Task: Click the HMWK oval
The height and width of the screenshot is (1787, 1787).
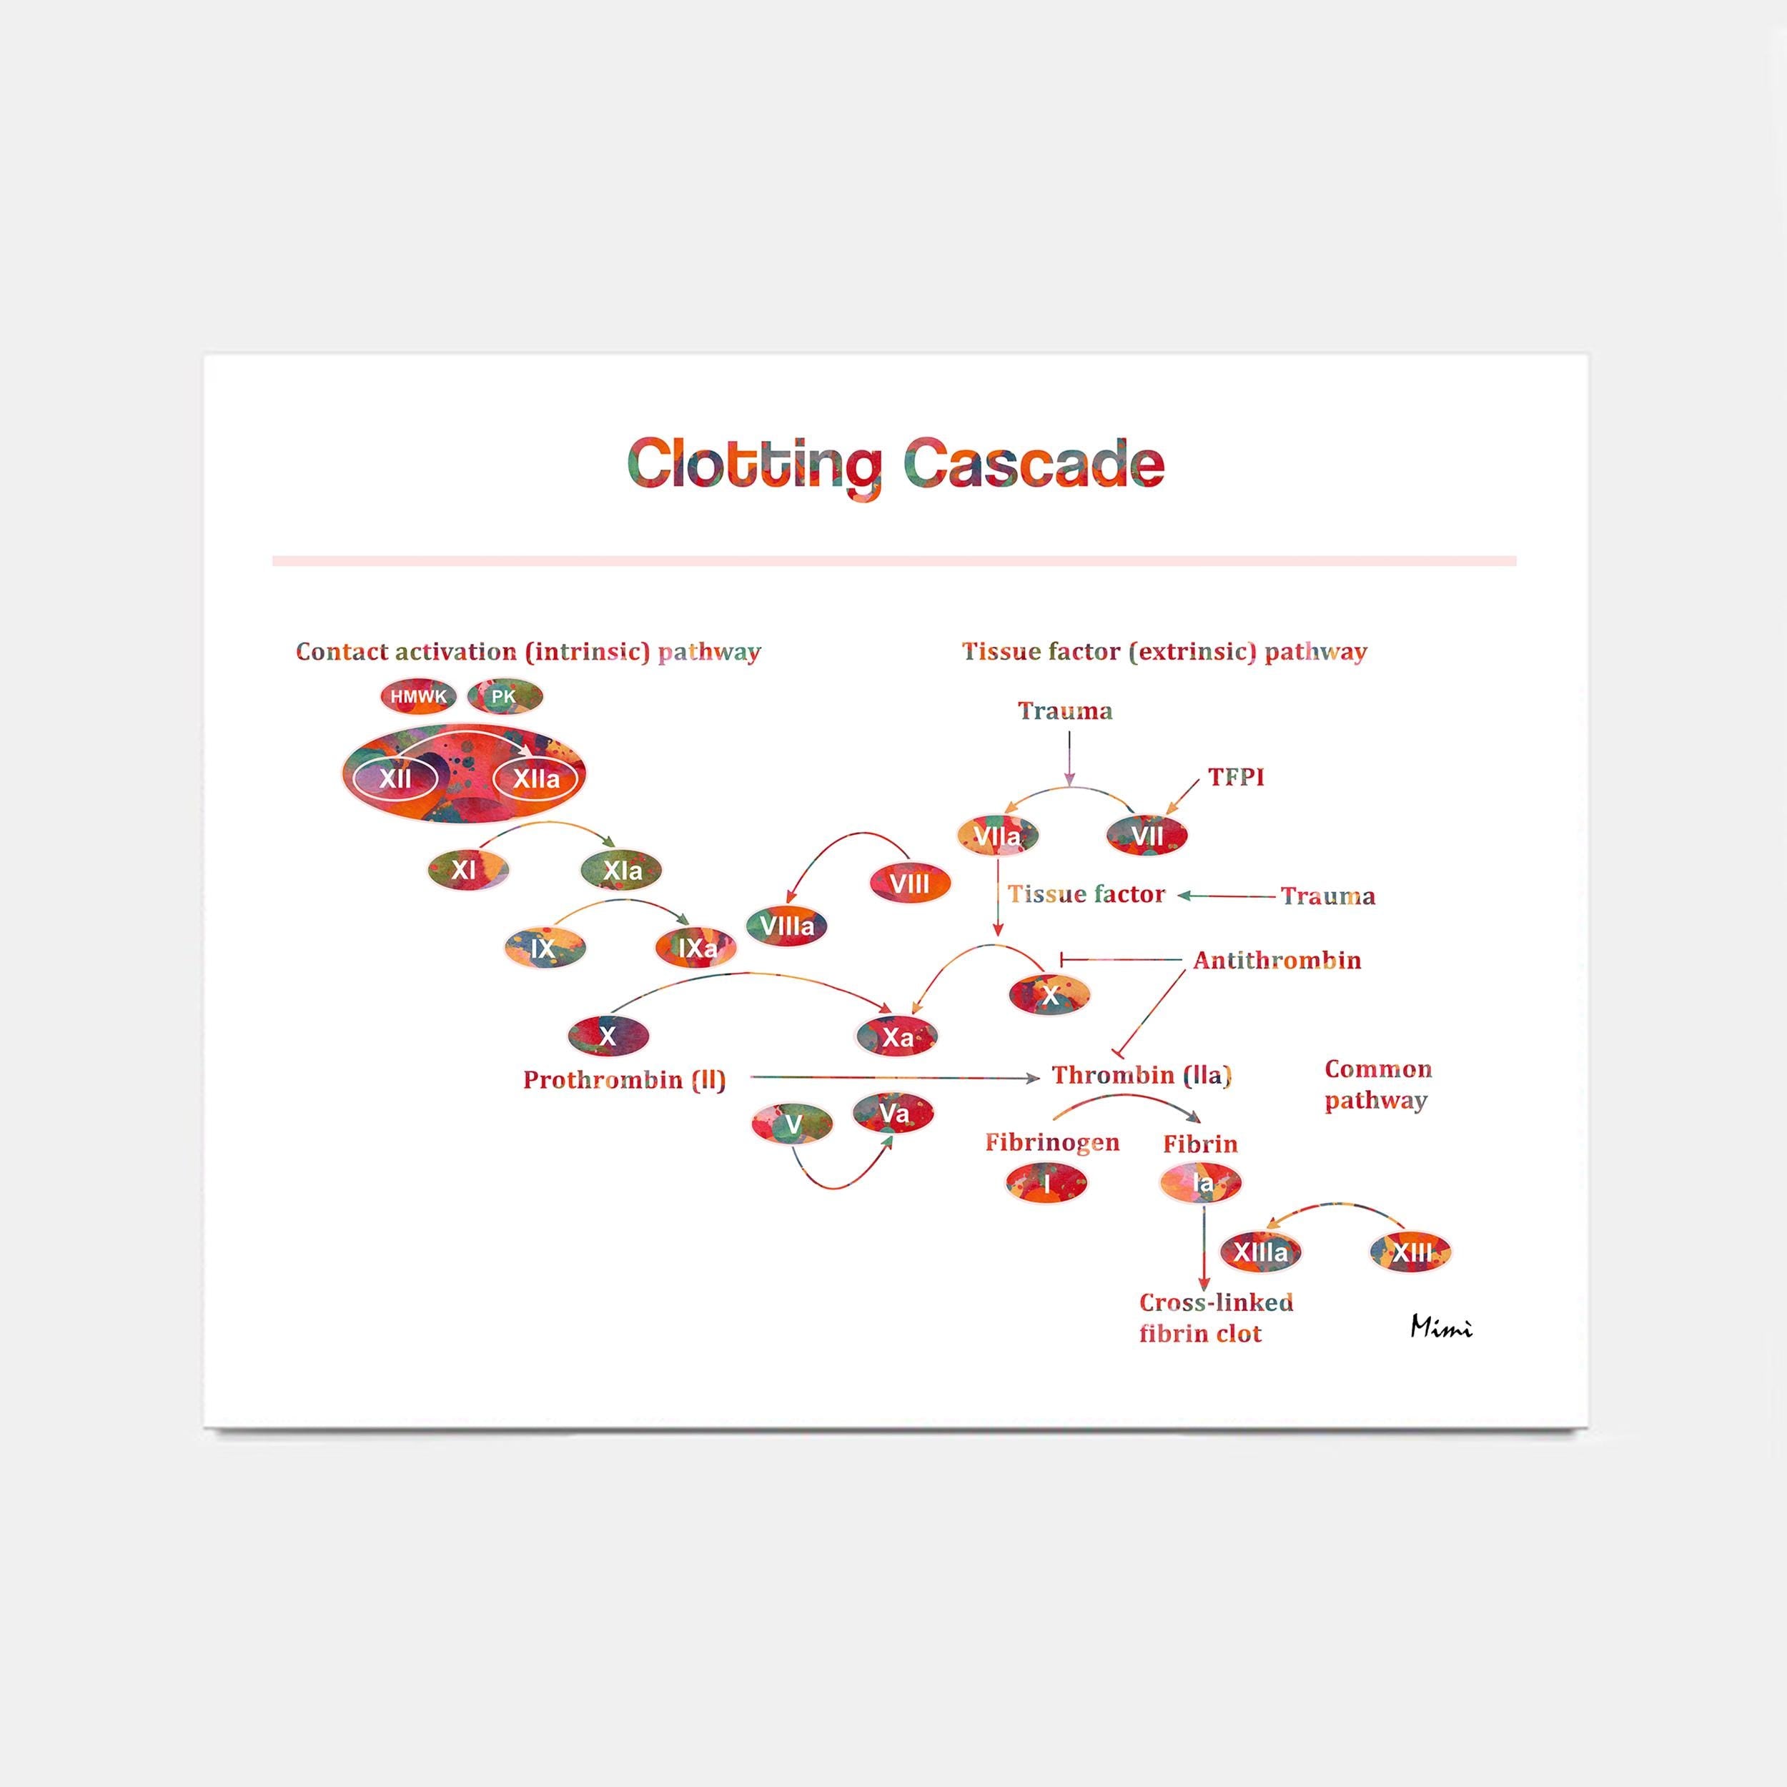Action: point(418,696)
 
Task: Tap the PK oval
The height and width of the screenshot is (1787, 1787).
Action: point(504,696)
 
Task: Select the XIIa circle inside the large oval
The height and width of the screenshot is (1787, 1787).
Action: point(537,779)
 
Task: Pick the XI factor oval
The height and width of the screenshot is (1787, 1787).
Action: point(466,869)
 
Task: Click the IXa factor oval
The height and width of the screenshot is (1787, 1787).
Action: point(696,948)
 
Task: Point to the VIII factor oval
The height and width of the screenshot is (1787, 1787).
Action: point(910,883)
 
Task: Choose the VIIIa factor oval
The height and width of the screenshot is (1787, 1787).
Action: point(786,926)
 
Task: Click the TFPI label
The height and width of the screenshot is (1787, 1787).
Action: point(1236,777)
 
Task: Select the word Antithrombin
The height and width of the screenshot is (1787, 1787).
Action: point(1277,960)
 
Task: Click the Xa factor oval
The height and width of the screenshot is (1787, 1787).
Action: point(896,1037)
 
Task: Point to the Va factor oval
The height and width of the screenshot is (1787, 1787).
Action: point(893,1114)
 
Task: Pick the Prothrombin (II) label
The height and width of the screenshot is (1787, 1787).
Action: point(624,1079)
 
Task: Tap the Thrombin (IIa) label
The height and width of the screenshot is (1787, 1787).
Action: point(1142,1075)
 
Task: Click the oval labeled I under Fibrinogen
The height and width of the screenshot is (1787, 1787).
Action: point(1047,1182)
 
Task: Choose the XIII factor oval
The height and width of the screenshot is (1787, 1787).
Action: point(1410,1252)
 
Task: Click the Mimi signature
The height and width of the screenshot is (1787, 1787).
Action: point(1440,1327)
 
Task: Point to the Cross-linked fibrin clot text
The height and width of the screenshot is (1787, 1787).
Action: point(1215,1318)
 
